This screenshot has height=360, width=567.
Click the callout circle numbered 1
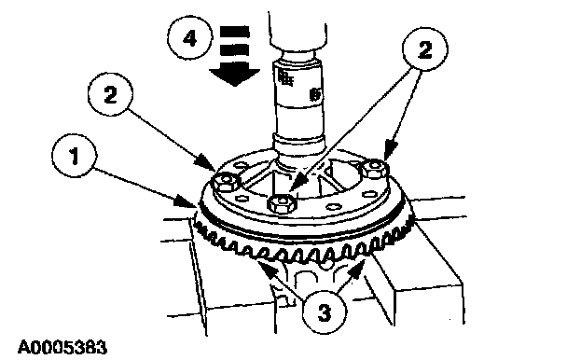[x=75, y=156]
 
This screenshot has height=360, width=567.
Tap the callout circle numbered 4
[x=189, y=38]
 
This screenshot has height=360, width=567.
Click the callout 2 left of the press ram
[x=111, y=95]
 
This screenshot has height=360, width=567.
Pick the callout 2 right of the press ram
[x=425, y=49]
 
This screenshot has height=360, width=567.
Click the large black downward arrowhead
[x=235, y=75]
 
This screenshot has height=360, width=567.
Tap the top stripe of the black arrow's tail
[x=235, y=32]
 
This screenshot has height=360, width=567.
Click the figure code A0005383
[x=62, y=347]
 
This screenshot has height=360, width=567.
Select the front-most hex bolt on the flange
[x=283, y=202]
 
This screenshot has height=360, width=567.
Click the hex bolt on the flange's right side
[x=375, y=169]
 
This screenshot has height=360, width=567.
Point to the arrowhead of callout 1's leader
[x=187, y=202]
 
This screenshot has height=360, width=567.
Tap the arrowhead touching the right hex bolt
[x=390, y=151]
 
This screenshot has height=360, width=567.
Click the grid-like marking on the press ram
[x=285, y=78]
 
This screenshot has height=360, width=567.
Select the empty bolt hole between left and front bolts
[x=241, y=199]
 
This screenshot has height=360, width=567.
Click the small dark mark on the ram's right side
[x=315, y=95]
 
